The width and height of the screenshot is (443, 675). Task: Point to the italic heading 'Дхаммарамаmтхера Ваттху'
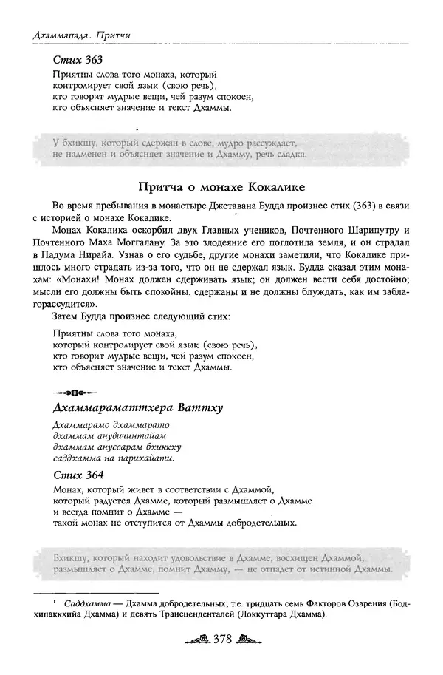click(138, 408)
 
